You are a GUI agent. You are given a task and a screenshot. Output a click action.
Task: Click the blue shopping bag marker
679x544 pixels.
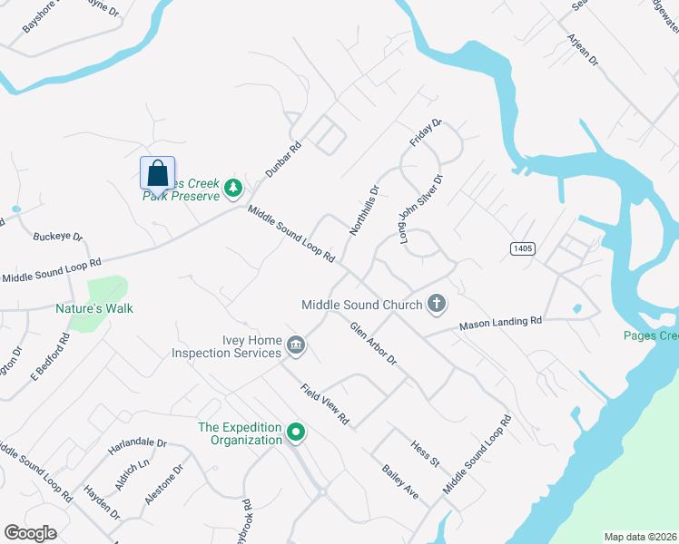click(x=157, y=172)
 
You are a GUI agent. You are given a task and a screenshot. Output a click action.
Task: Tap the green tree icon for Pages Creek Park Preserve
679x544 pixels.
click(x=234, y=188)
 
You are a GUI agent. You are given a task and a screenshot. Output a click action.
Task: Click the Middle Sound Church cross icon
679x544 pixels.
click(x=437, y=304)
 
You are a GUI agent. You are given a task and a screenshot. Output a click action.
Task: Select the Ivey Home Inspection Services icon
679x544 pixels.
click(x=296, y=345)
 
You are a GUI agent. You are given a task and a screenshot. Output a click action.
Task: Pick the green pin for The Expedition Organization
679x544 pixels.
click(x=295, y=434)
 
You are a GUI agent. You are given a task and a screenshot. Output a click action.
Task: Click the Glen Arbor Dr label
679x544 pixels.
click(x=374, y=345)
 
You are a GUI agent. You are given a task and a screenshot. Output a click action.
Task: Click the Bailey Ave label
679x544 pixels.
click(x=400, y=482)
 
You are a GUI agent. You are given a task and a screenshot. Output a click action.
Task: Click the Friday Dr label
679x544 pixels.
click(x=425, y=133)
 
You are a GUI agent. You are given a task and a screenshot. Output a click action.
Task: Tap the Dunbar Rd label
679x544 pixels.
click(x=282, y=158)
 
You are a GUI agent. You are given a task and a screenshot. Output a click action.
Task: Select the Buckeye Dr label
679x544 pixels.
click(x=57, y=238)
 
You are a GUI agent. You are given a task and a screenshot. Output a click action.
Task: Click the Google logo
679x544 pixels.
click(x=30, y=532)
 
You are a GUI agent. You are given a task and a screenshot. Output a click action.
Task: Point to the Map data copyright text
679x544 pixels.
click(x=639, y=537)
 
